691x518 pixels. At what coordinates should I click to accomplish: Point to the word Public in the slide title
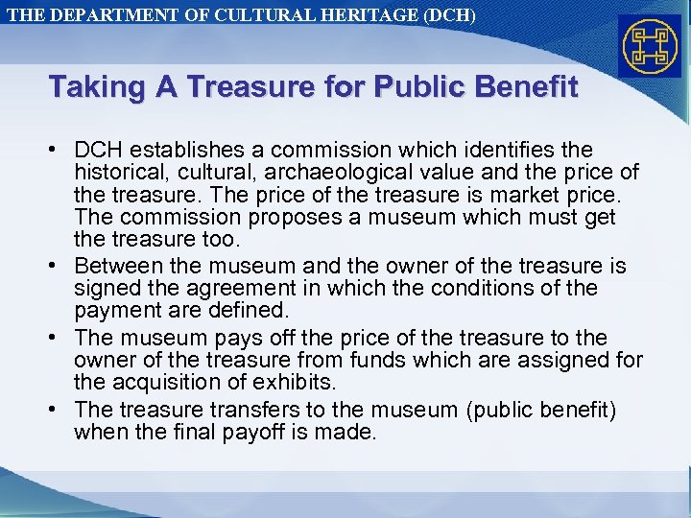click(414, 88)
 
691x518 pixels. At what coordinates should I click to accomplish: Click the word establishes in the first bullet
click(179, 151)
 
